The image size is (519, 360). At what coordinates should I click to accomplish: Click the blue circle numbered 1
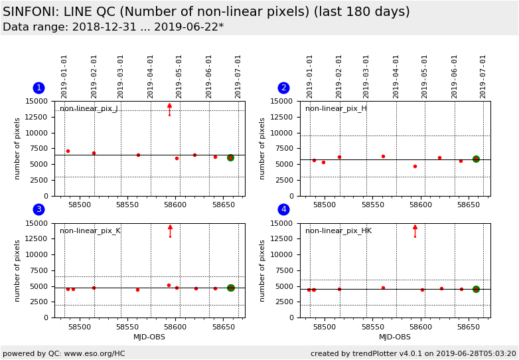click(38, 88)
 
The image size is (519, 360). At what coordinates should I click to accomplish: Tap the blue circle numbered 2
click(283, 88)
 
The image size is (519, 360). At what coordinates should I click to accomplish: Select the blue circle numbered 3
click(38, 209)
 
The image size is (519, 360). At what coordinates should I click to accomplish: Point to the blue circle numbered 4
click(283, 209)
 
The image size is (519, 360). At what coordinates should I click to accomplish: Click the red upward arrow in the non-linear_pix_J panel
click(169, 106)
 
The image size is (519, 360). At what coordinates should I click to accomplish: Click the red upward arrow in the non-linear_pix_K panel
click(170, 227)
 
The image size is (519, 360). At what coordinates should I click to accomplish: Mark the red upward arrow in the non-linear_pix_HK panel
click(415, 227)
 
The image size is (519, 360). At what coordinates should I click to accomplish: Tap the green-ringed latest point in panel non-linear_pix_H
click(476, 159)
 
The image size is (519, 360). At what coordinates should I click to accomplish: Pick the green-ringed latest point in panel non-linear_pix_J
click(230, 157)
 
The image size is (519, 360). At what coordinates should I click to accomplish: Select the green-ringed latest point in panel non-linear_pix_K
click(230, 288)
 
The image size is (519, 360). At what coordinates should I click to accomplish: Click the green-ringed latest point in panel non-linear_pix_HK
click(476, 289)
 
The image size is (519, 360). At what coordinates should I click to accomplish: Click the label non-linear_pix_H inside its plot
click(336, 109)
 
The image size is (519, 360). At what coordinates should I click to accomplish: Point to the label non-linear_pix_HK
click(338, 231)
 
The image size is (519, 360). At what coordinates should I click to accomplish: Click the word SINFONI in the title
click(31, 12)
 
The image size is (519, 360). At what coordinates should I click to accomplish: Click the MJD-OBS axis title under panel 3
click(149, 337)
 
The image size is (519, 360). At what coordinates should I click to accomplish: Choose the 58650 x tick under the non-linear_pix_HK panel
click(469, 327)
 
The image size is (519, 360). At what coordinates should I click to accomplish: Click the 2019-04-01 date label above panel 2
click(396, 76)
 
